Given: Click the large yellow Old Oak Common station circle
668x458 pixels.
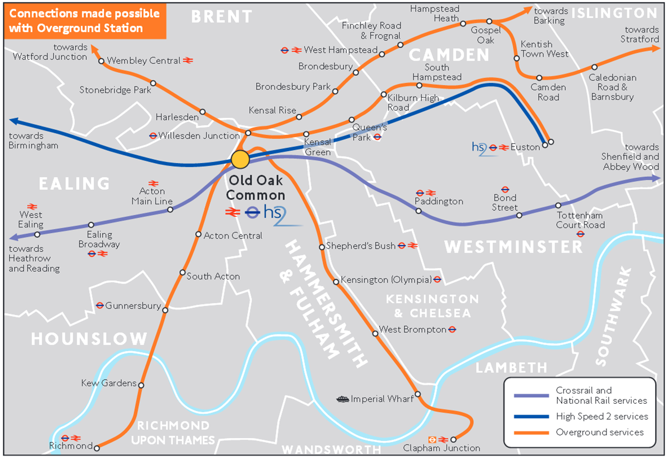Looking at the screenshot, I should pos(240,159).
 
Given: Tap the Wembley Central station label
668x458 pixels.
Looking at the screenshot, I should pos(143,60).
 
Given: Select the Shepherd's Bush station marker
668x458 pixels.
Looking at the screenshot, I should pos(322,247).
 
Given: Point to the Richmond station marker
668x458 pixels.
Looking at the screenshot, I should pos(96,446).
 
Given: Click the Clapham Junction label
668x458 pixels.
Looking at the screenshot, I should pos(441,448).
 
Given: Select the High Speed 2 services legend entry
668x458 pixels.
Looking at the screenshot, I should pos(601,416).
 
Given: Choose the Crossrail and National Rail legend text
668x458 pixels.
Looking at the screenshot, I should pos(601,395).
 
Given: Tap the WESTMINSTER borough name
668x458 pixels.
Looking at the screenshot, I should pos(513,247).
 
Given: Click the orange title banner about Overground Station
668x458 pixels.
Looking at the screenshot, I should pos(85,20).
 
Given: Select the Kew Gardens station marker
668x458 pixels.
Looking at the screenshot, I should pos(141,386).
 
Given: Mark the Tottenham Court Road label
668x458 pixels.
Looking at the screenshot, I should pos(581,220).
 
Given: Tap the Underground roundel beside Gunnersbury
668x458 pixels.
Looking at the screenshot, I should pos(100,306).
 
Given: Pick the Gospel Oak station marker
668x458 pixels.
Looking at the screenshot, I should pos(489,21).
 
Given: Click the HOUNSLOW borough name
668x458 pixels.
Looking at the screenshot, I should pos(89,339).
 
